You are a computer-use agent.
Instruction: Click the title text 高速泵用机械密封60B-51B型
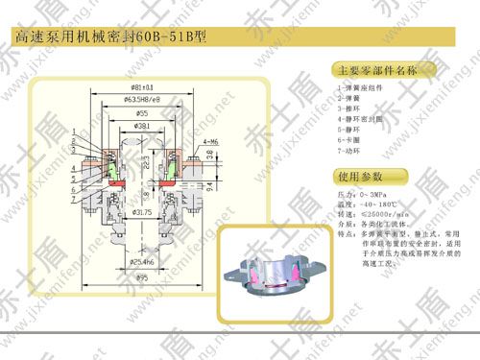109,37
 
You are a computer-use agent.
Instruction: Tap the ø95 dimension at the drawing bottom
144,278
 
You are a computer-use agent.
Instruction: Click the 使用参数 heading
360,177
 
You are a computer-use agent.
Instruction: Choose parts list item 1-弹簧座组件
358,87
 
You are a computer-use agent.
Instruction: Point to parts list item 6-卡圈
348,137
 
